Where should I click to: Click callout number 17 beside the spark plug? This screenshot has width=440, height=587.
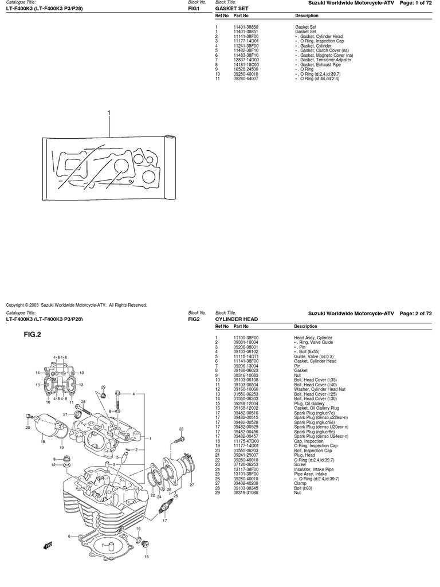point(164,521)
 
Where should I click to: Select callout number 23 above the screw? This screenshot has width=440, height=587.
point(181,429)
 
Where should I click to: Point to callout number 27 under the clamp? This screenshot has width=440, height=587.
point(192,485)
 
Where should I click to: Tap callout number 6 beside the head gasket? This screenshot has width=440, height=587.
point(69,536)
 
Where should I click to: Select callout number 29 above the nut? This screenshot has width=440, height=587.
point(103,388)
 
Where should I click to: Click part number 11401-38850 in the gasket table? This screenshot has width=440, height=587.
point(245,27)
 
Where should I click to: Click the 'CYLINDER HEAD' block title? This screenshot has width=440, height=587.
point(236,319)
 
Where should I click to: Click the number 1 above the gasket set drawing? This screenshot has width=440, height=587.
point(108,114)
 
